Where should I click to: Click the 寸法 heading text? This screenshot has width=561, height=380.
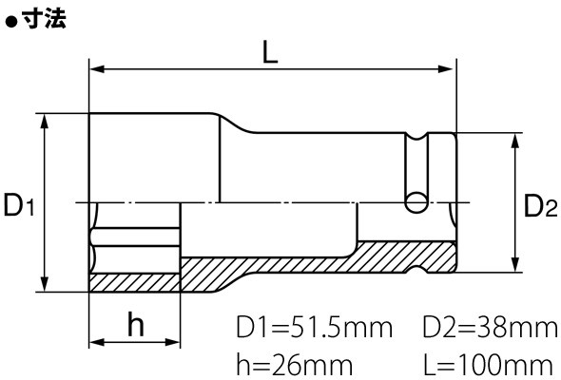click(x=44, y=19)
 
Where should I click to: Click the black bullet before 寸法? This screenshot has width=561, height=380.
click(x=11, y=22)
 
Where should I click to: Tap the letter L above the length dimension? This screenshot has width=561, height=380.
click(x=270, y=52)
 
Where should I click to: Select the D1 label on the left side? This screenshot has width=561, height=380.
click(x=19, y=205)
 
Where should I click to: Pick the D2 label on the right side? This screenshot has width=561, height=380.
click(x=541, y=206)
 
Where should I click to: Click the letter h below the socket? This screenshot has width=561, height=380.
click(x=136, y=325)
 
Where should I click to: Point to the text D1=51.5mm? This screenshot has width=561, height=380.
click(x=314, y=328)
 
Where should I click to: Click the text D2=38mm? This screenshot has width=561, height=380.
click(x=490, y=328)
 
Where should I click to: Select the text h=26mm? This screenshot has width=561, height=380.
click(x=295, y=366)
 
